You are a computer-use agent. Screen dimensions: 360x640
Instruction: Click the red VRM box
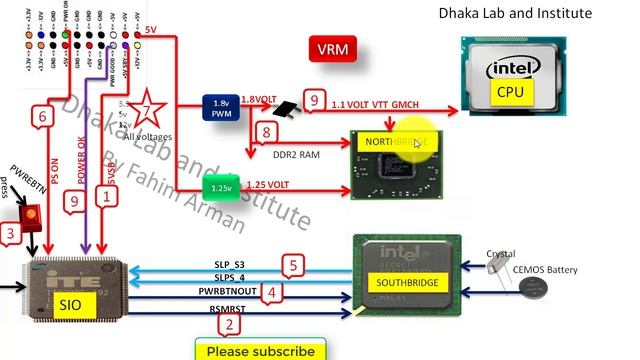(333, 49)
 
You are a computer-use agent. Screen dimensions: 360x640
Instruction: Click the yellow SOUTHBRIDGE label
(399, 283)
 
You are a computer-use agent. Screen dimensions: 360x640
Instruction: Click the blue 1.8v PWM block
(221, 108)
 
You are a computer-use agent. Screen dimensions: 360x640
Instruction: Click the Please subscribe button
(260, 350)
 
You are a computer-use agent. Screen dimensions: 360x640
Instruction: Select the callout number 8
(265, 132)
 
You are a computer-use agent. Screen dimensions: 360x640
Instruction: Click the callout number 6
(41, 116)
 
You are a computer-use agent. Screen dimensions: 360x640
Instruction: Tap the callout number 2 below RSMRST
(230, 324)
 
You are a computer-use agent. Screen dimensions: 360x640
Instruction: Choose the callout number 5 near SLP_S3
(292, 266)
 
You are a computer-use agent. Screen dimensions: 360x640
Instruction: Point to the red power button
(31, 215)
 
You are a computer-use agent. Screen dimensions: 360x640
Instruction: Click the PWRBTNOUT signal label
(228, 290)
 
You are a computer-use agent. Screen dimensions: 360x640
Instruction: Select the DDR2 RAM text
(296, 155)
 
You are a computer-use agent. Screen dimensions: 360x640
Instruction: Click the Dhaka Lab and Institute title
(515, 13)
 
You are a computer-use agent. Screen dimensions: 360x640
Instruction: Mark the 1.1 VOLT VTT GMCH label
(375, 104)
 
